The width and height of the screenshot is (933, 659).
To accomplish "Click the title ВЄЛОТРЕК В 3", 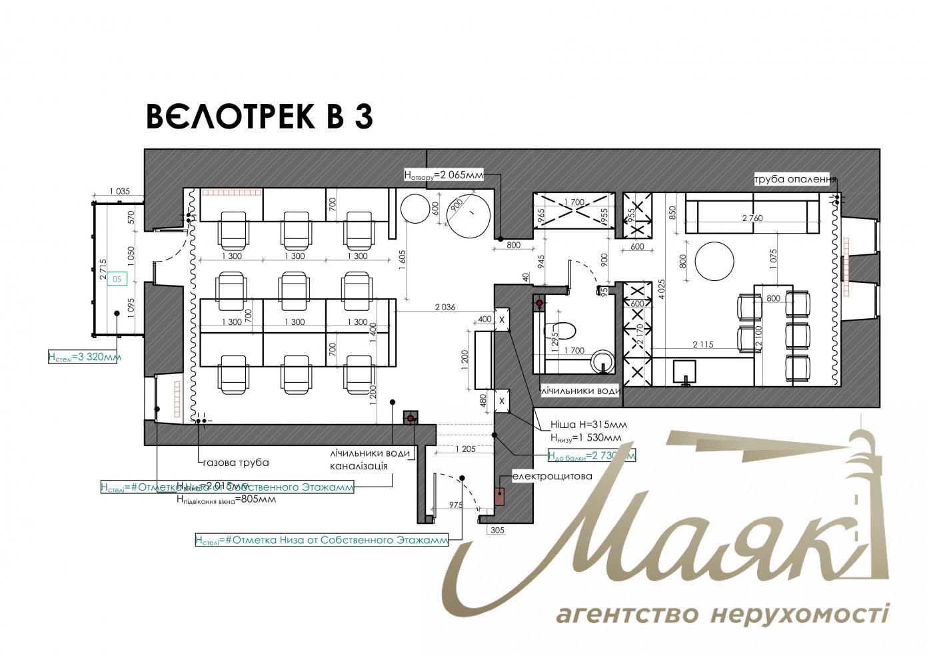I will pos(259,116).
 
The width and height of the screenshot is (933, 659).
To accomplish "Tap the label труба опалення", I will pos(794,179).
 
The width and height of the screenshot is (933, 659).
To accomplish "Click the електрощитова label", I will pos(552,476).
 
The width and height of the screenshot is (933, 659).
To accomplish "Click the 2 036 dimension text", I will pos(445,307).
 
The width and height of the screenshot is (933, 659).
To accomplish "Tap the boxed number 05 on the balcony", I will pos(117,280).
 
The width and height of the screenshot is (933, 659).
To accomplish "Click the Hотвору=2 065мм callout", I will pos(443,175).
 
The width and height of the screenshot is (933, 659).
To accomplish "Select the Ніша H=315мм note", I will pos(588,425).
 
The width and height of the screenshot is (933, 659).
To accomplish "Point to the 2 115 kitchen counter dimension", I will pos(703,344).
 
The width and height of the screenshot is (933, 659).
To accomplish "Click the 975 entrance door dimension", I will pos(456,505).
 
